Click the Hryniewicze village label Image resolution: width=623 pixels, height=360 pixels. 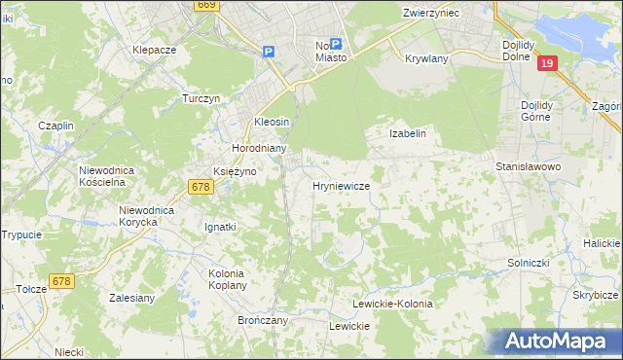(340, 185)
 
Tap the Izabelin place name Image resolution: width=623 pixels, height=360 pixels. (408, 133)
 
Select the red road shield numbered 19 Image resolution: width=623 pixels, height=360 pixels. (547, 63)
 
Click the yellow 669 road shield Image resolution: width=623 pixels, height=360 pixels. (205, 5)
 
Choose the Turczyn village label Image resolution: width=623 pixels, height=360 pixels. (203, 99)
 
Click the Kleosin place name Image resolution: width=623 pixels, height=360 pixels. (273, 121)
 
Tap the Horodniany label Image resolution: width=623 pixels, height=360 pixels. (258, 148)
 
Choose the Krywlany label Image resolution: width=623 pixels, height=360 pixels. (425, 57)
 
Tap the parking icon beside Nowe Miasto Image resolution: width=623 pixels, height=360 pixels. (336, 44)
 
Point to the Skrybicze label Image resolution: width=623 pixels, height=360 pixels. (596, 294)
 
